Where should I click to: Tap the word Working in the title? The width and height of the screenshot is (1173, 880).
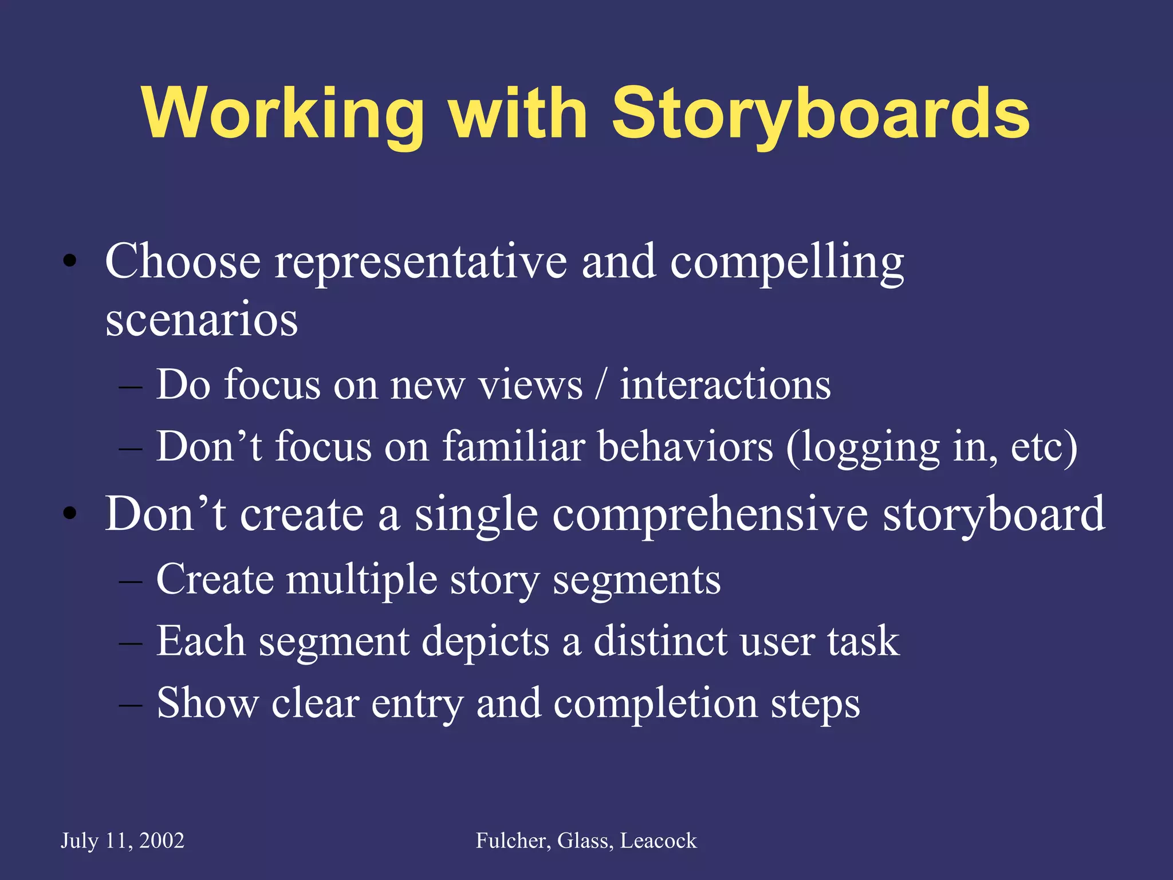click(x=284, y=115)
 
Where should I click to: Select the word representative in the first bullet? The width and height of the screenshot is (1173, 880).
click(x=421, y=262)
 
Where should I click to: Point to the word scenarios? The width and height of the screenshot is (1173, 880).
click(x=202, y=320)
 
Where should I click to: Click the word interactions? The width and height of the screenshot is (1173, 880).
click(x=725, y=385)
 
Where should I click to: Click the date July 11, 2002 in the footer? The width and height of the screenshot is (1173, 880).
click(x=123, y=841)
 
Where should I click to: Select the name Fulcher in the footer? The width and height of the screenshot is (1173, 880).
click(x=513, y=841)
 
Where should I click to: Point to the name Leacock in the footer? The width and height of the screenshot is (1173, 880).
click(x=659, y=841)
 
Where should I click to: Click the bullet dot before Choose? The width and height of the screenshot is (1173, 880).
click(x=70, y=262)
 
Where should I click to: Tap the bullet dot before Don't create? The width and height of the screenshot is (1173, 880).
click(x=70, y=514)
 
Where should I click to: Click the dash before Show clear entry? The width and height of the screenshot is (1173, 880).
click(x=130, y=704)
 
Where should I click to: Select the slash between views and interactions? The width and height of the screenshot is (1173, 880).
click(x=601, y=385)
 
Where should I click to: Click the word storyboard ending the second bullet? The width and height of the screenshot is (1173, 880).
click(x=994, y=514)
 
